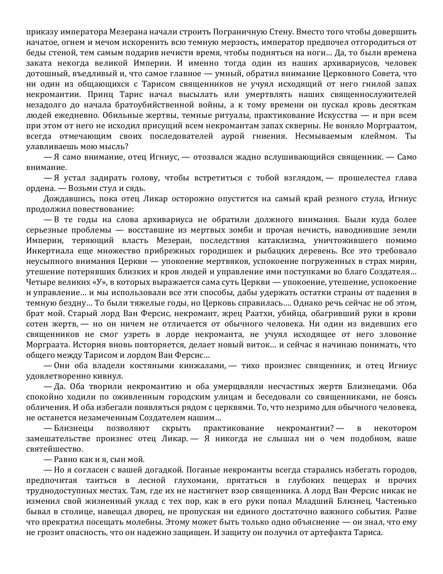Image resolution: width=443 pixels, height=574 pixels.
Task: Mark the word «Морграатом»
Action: pos(393,126)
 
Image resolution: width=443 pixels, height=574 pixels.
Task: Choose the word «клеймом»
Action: pos(380,136)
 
